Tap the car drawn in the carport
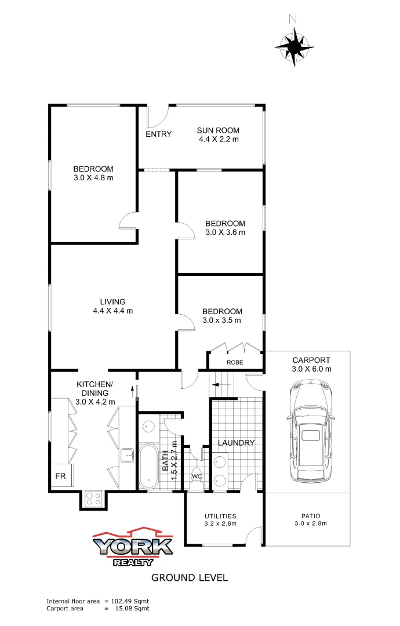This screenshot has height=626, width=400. coord(311,432)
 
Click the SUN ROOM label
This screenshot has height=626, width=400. coord(218,130)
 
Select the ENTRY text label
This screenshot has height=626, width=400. coord(158,134)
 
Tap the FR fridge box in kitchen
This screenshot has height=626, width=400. coord(60,476)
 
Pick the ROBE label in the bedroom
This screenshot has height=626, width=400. coord(235,362)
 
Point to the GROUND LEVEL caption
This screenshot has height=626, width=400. coord(190,577)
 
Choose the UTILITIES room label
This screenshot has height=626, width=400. coord(220,515)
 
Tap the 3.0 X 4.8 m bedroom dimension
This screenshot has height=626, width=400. coord(93,178)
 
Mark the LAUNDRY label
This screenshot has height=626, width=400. coord(236,443)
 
